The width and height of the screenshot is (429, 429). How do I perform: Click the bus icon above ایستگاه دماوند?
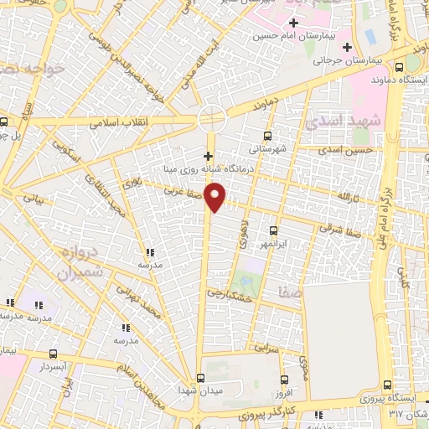pos(399,68)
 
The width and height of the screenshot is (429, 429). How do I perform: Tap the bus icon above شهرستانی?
pos(268,136)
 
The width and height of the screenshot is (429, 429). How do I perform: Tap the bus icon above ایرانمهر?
pos(273,230)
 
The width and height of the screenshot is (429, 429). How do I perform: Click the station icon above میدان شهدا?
pos(199,377)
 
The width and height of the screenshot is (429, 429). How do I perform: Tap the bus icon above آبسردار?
pos(54,354)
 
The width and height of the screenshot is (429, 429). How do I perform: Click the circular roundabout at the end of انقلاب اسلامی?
pos(212,117)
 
